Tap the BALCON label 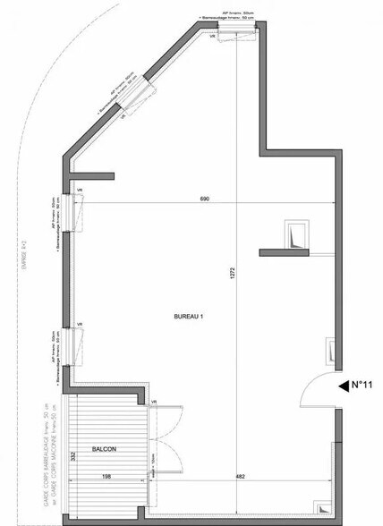coord(104,448)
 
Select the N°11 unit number coord(361,386)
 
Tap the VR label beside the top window coord(213,38)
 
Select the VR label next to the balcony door coord(154,402)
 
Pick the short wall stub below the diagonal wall coord(93,173)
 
